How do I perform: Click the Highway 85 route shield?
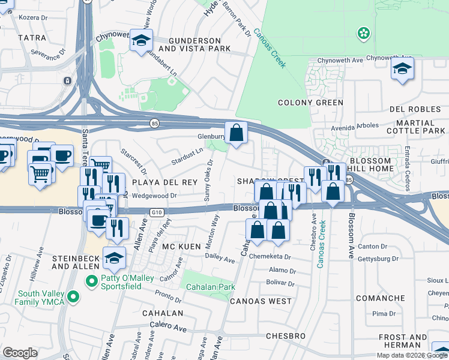tap(155, 123)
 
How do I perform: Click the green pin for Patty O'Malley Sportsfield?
tap(91, 280)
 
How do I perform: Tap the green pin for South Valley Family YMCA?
tap(73, 296)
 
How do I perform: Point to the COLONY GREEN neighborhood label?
tap(310, 103)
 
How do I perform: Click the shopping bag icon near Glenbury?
tap(237, 131)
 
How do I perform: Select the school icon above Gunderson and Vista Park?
tap(141, 40)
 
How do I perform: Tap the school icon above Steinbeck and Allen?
tap(114, 257)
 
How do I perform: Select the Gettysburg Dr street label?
tap(378, 259)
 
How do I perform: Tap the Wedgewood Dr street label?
tap(154, 195)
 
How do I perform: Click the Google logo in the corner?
tap(20, 353)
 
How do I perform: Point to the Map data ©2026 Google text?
tap(412, 355)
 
